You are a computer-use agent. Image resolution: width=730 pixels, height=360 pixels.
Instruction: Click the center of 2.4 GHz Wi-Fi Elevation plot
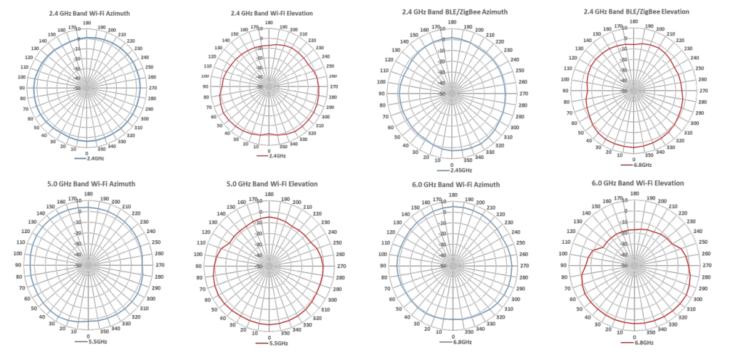click(269, 86)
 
